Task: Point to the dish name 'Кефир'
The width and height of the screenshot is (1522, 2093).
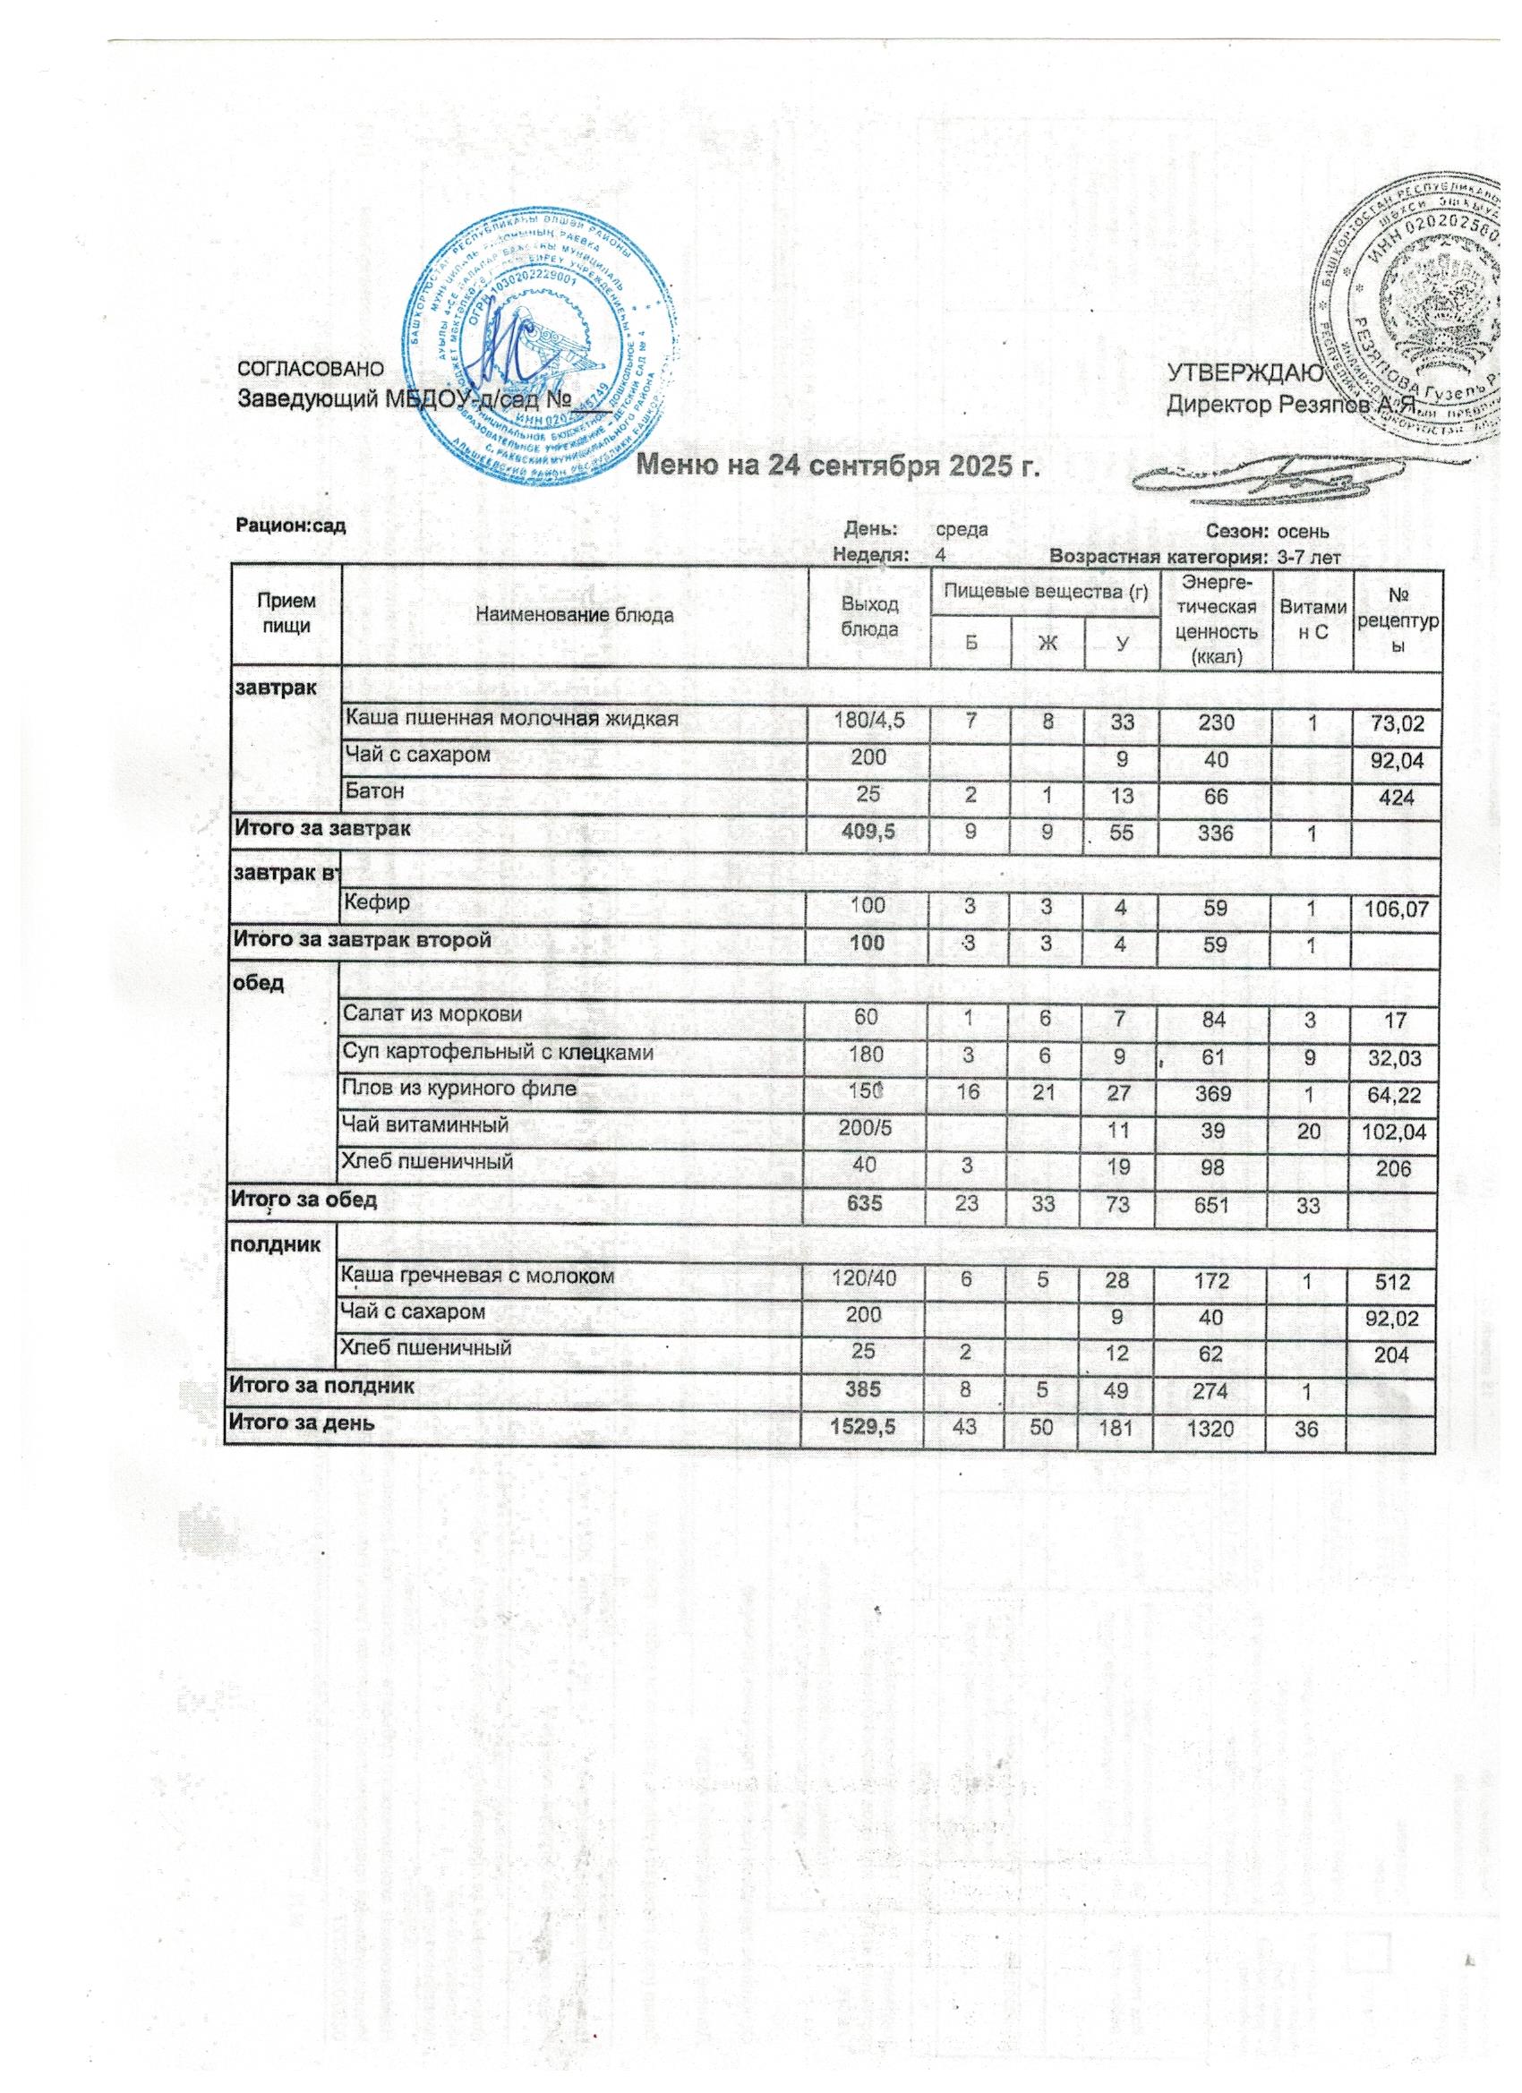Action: pyautogui.click(x=372, y=903)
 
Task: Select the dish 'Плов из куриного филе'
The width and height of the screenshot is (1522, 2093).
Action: pyautogui.click(x=459, y=1088)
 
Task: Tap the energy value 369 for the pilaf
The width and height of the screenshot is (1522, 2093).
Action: pyautogui.click(x=1214, y=1089)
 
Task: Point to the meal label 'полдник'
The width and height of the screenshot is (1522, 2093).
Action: pyautogui.click(x=275, y=1243)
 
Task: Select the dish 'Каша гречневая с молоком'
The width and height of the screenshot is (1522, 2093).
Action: pyautogui.click(x=477, y=1277)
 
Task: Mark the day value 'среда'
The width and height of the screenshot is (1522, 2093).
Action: pyautogui.click(x=962, y=531)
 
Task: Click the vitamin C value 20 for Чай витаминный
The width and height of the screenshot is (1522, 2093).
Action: pyautogui.click(x=1311, y=1127)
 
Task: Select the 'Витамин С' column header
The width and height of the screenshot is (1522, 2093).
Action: pyautogui.click(x=1311, y=617)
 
